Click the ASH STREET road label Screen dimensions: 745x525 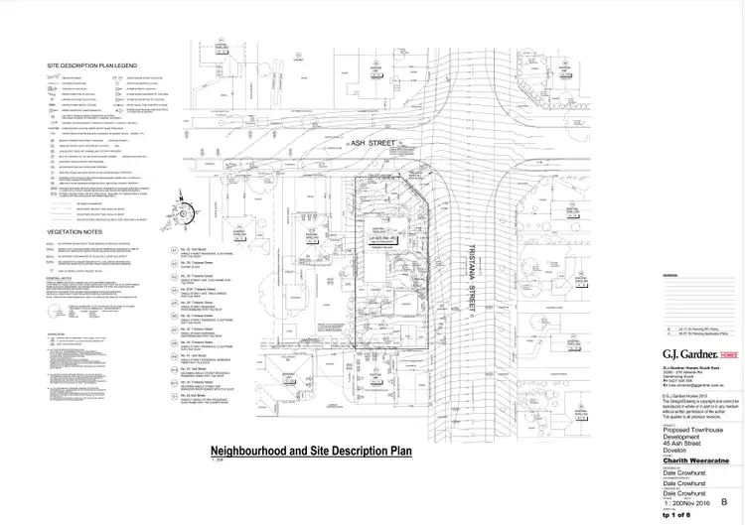(x=345, y=144)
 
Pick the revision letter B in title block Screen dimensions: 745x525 (x=723, y=504)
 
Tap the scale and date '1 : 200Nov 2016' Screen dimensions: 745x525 (x=685, y=504)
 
